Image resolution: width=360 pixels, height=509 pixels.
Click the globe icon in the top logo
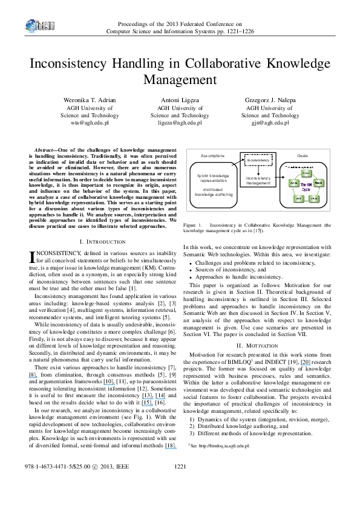[31, 26]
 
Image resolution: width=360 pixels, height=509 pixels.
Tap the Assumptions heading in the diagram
[212, 156]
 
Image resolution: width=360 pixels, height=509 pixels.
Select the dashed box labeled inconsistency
[258, 160]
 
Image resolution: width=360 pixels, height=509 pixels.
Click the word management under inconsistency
[258, 183]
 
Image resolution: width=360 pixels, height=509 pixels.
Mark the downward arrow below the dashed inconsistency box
[258, 170]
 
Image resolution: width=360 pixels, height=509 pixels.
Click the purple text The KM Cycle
[306, 186]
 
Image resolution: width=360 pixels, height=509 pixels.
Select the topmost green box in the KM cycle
[306, 173]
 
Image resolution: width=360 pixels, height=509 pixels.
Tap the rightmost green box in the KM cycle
[319, 182]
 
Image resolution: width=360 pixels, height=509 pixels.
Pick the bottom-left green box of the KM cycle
[298, 198]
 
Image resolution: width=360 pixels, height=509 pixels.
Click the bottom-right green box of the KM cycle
[313, 198]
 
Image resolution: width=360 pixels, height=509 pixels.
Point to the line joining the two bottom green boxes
[306, 198]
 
